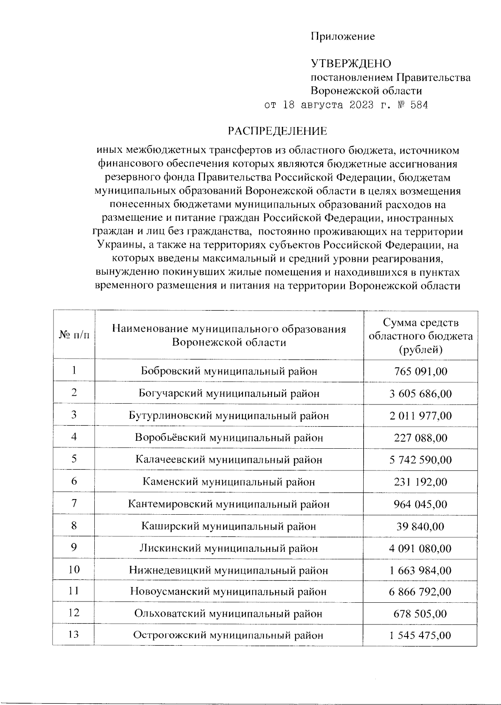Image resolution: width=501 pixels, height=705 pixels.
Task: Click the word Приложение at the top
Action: click(342, 37)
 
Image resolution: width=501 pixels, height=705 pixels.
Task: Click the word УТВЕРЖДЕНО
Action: click(351, 64)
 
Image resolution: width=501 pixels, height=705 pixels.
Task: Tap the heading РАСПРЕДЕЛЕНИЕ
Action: click(277, 131)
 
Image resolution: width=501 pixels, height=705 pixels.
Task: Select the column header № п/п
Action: click(74, 335)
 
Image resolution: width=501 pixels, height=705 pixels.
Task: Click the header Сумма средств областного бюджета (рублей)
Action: click(420, 336)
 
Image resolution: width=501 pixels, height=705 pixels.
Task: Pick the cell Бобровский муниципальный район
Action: click(229, 371)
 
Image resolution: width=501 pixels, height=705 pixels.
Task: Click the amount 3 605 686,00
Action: click(420, 394)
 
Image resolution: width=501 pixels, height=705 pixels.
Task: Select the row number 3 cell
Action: click(74, 415)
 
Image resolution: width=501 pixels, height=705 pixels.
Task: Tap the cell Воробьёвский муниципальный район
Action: click(229, 438)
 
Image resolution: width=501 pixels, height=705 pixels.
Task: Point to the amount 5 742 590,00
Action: click(420, 460)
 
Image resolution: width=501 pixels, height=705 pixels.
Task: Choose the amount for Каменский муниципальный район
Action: click(420, 482)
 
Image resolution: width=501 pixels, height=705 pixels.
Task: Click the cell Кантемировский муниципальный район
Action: click(229, 504)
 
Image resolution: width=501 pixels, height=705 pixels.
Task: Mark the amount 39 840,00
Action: click(420, 526)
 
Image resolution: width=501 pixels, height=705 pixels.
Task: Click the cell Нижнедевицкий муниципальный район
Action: click(229, 570)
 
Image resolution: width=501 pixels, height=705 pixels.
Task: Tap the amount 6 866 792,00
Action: click(420, 592)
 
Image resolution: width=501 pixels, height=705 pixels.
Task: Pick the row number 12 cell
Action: click(74, 613)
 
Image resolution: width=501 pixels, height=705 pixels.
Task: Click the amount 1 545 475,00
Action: click(420, 636)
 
